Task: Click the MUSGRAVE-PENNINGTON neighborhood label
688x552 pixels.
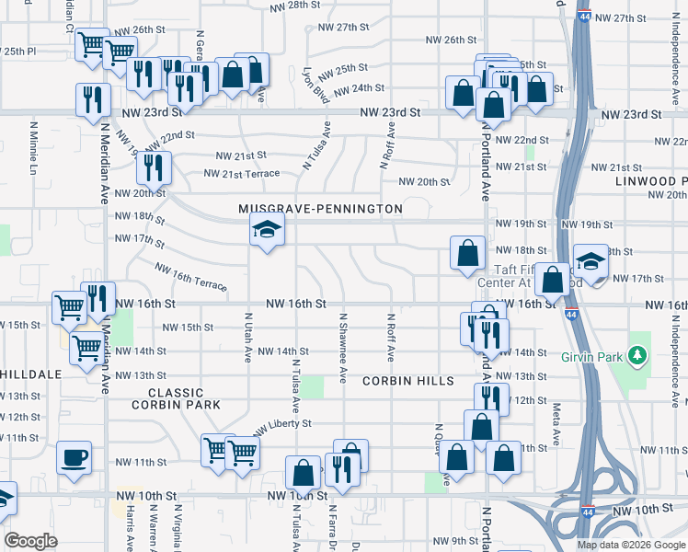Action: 320,209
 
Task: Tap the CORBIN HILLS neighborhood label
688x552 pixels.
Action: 407,380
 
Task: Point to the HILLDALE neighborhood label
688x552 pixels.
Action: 29,374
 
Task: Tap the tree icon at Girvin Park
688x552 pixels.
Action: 636,354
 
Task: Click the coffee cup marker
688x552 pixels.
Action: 74,456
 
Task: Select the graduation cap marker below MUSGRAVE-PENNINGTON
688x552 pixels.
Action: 267,229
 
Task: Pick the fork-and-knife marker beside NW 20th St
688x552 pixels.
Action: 154,167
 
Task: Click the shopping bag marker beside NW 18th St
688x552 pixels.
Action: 467,251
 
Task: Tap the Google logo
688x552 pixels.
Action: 31,541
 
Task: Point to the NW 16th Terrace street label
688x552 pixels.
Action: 190,277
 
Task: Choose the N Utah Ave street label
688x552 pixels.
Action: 248,337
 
